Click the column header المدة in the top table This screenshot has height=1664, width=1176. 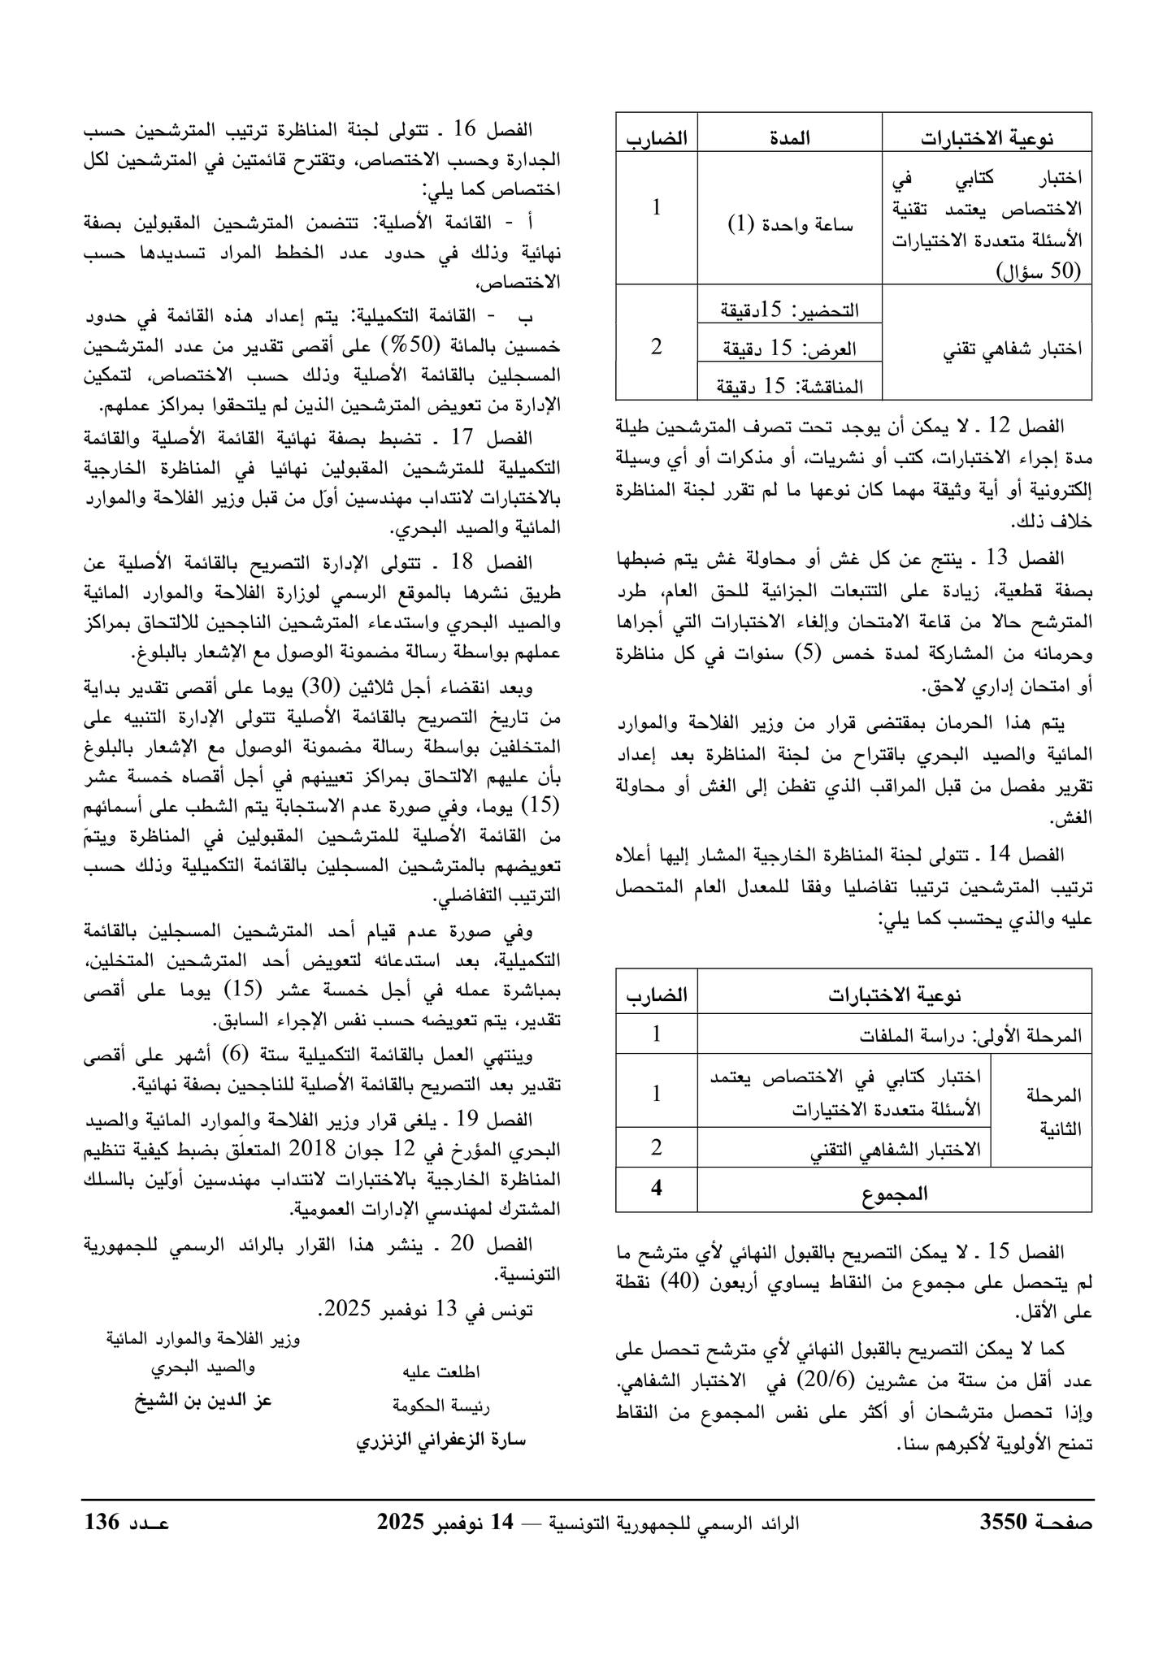pos(789,138)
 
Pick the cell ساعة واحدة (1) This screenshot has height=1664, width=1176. pos(789,224)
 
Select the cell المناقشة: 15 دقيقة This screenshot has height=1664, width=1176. pos(789,386)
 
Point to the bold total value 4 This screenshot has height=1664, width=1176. pos(657,1188)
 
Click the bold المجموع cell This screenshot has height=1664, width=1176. pos(894,1194)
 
